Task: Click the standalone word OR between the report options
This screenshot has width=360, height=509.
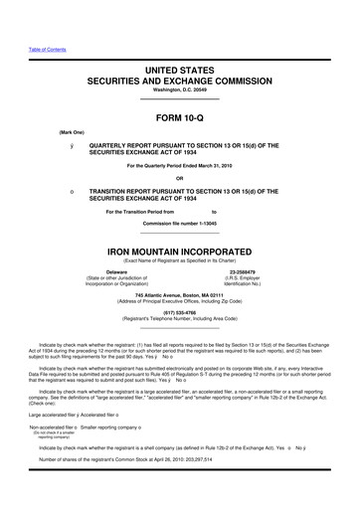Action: tap(180, 179)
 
